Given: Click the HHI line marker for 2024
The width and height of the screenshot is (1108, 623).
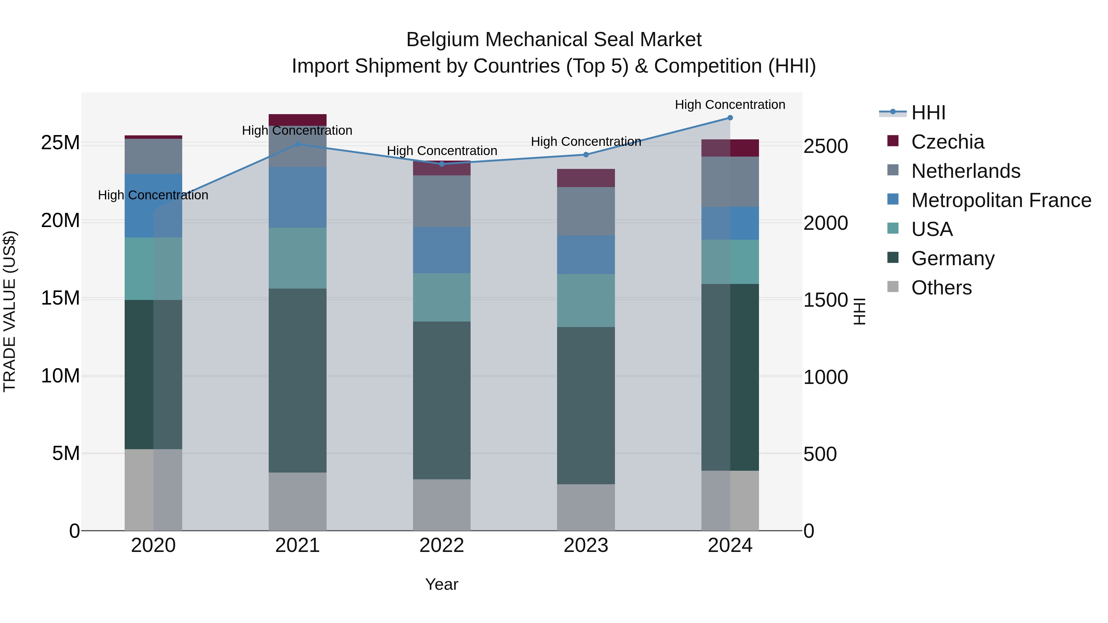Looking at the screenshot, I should (x=730, y=118).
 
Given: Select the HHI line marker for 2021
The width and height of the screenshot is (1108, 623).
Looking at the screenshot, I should (x=297, y=145).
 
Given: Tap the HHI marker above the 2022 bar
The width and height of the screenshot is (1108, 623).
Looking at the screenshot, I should (x=442, y=164).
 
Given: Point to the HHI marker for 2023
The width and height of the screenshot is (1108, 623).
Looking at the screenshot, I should (x=586, y=155).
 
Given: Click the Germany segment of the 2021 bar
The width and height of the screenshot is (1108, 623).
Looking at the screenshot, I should (x=297, y=381).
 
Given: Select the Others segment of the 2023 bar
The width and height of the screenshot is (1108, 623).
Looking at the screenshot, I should (x=586, y=507).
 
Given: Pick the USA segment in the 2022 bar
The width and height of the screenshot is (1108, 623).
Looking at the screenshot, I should (x=442, y=297).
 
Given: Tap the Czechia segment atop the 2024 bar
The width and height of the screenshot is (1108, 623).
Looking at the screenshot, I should (x=730, y=148).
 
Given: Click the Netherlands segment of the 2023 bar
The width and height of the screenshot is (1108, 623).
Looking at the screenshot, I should (x=586, y=211).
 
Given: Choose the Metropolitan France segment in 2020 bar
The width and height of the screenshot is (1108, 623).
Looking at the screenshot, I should (x=153, y=206).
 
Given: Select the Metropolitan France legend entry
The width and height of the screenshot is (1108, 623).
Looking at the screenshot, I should (x=1001, y=200).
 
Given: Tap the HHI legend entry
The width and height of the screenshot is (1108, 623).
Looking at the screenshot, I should (x=928, y=113).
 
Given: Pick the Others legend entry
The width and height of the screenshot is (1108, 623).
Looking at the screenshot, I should (x=941, y=288).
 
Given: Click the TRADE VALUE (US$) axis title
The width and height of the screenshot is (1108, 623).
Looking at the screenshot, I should (x=10, y=311).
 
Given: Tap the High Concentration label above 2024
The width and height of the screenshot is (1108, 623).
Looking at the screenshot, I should (x=730, y=105).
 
